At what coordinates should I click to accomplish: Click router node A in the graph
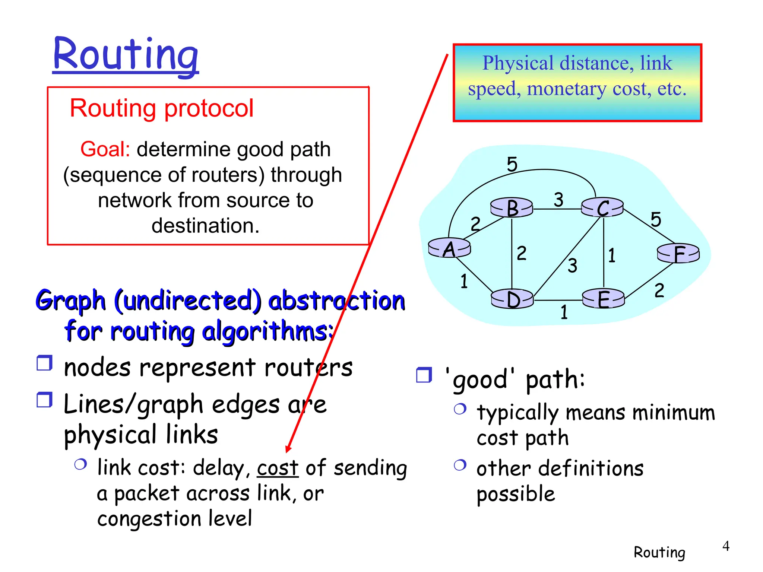click(449, 248)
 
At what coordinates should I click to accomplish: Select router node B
click(512, 207)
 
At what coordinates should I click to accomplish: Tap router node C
click(602, 207)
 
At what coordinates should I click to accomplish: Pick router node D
click(513, 299)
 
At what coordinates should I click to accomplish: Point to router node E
click(604, 299)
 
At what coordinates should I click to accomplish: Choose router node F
click(678, 254)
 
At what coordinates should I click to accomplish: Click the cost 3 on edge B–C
click(558, 200)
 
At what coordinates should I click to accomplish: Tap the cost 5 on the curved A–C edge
click(512, 164)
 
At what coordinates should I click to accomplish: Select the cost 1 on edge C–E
click(612, 255)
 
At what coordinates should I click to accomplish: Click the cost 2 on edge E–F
click(659, 290)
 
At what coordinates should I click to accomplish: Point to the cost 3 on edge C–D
click(572, 266)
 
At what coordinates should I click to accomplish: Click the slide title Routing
click(126, 55)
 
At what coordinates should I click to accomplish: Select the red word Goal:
click(105, 149)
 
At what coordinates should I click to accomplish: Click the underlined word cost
click(278, 468)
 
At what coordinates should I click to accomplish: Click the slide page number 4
click(725, 546)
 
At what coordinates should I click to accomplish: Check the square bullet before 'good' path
click(424, 375)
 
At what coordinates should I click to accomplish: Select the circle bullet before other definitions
click(460, 465)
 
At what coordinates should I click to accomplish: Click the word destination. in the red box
click(205, 226)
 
